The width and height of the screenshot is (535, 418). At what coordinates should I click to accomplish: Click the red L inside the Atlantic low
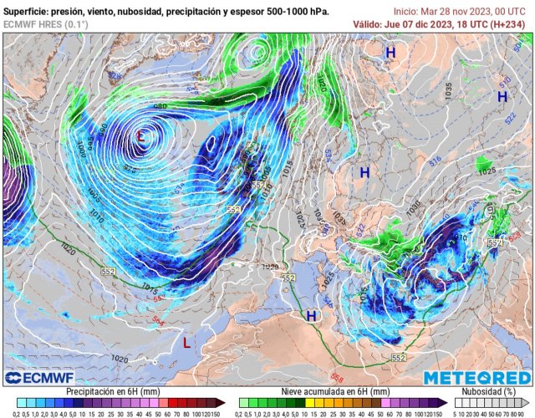click(143, 135)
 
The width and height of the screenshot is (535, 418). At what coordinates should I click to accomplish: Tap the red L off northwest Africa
click(186, 341)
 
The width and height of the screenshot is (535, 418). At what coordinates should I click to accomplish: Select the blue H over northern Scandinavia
click(390, 53)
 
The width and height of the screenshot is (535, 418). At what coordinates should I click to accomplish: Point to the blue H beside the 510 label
click(502, 97)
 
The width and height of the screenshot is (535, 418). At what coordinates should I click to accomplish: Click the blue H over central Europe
click(364, 172)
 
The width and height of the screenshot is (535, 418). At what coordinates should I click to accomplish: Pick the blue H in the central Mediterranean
click(311, 316)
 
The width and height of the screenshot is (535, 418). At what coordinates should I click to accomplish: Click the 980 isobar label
click(160, 107)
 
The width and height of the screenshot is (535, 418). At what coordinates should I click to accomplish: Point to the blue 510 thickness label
click(505, 81)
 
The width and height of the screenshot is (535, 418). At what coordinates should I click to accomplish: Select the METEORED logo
click(476, 378)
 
